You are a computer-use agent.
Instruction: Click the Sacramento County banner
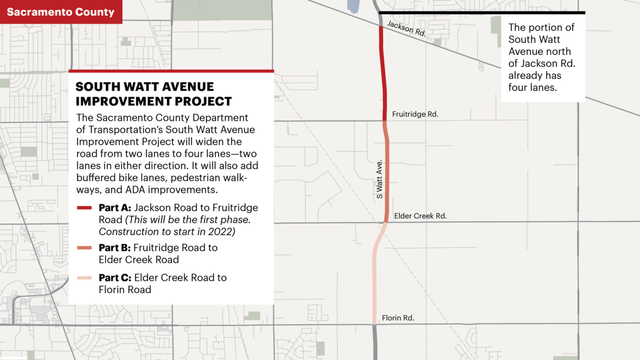(61, 12)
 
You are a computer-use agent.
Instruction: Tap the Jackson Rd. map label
(406, 29)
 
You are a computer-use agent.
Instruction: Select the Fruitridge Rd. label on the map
(415, 115)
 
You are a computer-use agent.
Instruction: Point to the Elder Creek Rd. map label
(420, 216)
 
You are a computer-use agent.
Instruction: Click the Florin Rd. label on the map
(398, 318)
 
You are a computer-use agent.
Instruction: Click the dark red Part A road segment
(383, 75)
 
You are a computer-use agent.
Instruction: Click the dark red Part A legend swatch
(85, 208)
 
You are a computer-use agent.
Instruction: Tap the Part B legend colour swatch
(85, 248)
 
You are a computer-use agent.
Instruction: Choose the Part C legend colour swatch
(85, 278)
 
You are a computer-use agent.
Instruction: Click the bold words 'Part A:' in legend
(115, 208)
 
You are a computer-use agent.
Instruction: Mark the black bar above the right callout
(482, 12)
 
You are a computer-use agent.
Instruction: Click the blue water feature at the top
(353, 5)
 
